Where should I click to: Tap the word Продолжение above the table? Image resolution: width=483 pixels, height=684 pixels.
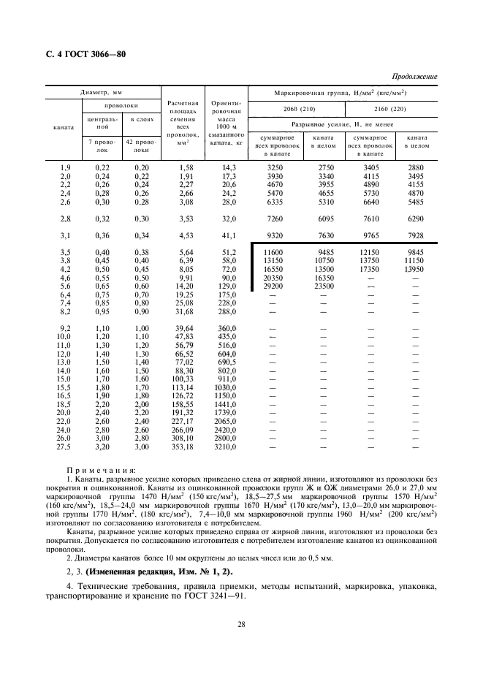[414, 76]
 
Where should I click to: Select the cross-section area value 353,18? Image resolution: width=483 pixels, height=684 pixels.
[180, 445]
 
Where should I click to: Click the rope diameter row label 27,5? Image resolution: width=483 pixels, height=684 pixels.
[64, 445]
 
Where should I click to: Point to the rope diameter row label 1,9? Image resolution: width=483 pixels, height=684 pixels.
[64, 168]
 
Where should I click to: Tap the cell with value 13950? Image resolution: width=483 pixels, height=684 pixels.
[416, 269]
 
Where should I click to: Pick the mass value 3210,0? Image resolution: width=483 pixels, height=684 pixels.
[229, 445]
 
